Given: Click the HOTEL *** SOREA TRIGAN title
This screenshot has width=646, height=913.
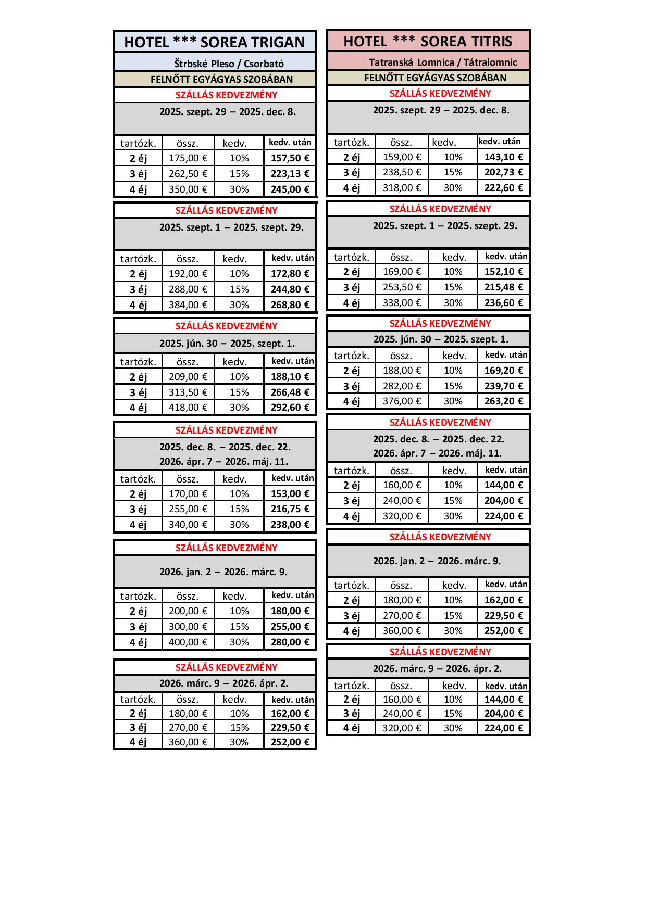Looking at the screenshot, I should (x=214, y=42).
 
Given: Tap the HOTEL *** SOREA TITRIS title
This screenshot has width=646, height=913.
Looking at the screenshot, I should (x=428, y=41).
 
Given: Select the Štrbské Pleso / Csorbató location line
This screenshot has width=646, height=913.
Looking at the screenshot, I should (x=229, y=64).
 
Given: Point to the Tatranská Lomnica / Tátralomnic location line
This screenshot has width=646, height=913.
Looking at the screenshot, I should (x=443, y=62).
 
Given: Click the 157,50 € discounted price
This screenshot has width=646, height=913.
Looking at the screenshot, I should (x=290, y=158).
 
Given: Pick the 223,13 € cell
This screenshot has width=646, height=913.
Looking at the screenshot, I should (x=290, y=174).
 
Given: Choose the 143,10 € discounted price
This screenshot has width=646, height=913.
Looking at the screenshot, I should (x=504, y=157).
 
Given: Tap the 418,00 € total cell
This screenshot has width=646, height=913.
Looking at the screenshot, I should (x=188, y=408).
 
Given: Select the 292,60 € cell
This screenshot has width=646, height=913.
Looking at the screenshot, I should (x=290, y=408).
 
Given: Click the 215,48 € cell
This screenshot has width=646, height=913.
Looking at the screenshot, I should (x=504, y=287).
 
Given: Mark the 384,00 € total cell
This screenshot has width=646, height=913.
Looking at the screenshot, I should (x=188, y=305).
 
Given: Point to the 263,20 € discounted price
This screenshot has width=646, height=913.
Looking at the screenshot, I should (x=504, y=401).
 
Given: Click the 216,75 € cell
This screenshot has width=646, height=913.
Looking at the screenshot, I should (x=290, y=509).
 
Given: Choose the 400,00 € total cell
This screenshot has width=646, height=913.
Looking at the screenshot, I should (x=188, y=642).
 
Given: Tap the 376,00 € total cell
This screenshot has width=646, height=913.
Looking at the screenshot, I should (x=402, y=401).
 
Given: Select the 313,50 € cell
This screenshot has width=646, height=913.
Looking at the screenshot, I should (x=188, y=392).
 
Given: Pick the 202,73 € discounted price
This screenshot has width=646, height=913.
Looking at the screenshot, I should (x=504, y=172).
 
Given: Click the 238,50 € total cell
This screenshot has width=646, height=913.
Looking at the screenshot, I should (x=402, y=172).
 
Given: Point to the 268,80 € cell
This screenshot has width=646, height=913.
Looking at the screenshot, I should (x=290, y=305).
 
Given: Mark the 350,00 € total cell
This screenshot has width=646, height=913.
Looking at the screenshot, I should (x=188, y=189).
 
